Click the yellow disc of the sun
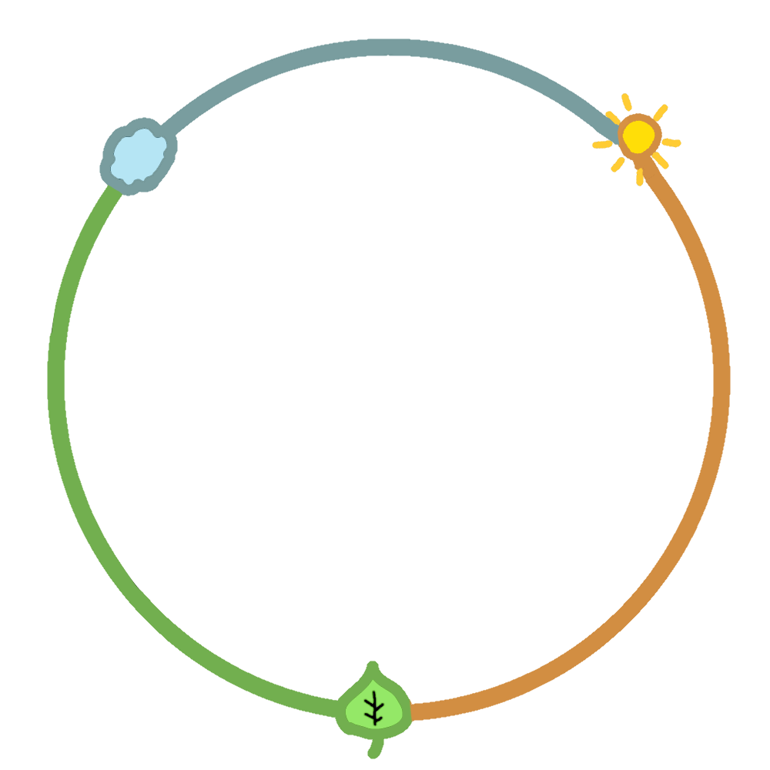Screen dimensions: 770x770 click(x=638, y=136)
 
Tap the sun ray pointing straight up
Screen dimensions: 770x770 click(x=627, y=102)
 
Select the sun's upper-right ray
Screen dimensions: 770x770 click(x=660, y=112)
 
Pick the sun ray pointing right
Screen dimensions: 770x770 click(x=671, y=142)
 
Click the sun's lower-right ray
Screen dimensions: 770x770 click(x=661, y=160)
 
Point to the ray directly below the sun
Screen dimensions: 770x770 click(x=639, y=177)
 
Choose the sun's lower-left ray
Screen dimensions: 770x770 click(x=618, y=164)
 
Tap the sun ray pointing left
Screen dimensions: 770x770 click(x=602, y=144)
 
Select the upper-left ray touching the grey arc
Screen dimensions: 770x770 click(x=612, y=118)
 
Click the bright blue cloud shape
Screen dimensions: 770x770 click(x=138, y=157)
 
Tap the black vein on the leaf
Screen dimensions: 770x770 click(x=374, y=708)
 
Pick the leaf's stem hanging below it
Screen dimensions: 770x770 click(x=375, y=747)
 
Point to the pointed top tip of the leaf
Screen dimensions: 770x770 click(x=373, y=666)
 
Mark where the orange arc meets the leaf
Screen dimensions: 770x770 click(x=412, y=711)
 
